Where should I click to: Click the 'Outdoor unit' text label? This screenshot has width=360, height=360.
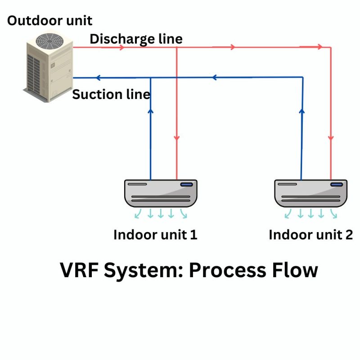coord(49,20)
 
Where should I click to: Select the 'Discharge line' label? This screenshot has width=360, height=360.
coord(136,39)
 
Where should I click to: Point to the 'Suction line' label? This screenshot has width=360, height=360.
coord(111,94)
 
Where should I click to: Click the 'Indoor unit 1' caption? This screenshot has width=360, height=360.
coord(155,235)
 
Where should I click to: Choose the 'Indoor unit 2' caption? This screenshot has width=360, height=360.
coord(310,235)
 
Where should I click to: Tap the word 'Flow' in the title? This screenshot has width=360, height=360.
coord(294,271)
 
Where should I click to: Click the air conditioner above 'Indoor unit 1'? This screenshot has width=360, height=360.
coord(161,193)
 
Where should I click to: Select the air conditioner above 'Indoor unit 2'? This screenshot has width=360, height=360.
coord(311,193)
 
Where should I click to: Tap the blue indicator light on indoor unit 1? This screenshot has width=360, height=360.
coord(186,184)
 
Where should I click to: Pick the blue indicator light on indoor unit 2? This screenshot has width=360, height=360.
coord(336,184)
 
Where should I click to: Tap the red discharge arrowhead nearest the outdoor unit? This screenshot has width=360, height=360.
coord(121,47)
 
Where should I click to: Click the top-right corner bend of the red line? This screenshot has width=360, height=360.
coord(331,47)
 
